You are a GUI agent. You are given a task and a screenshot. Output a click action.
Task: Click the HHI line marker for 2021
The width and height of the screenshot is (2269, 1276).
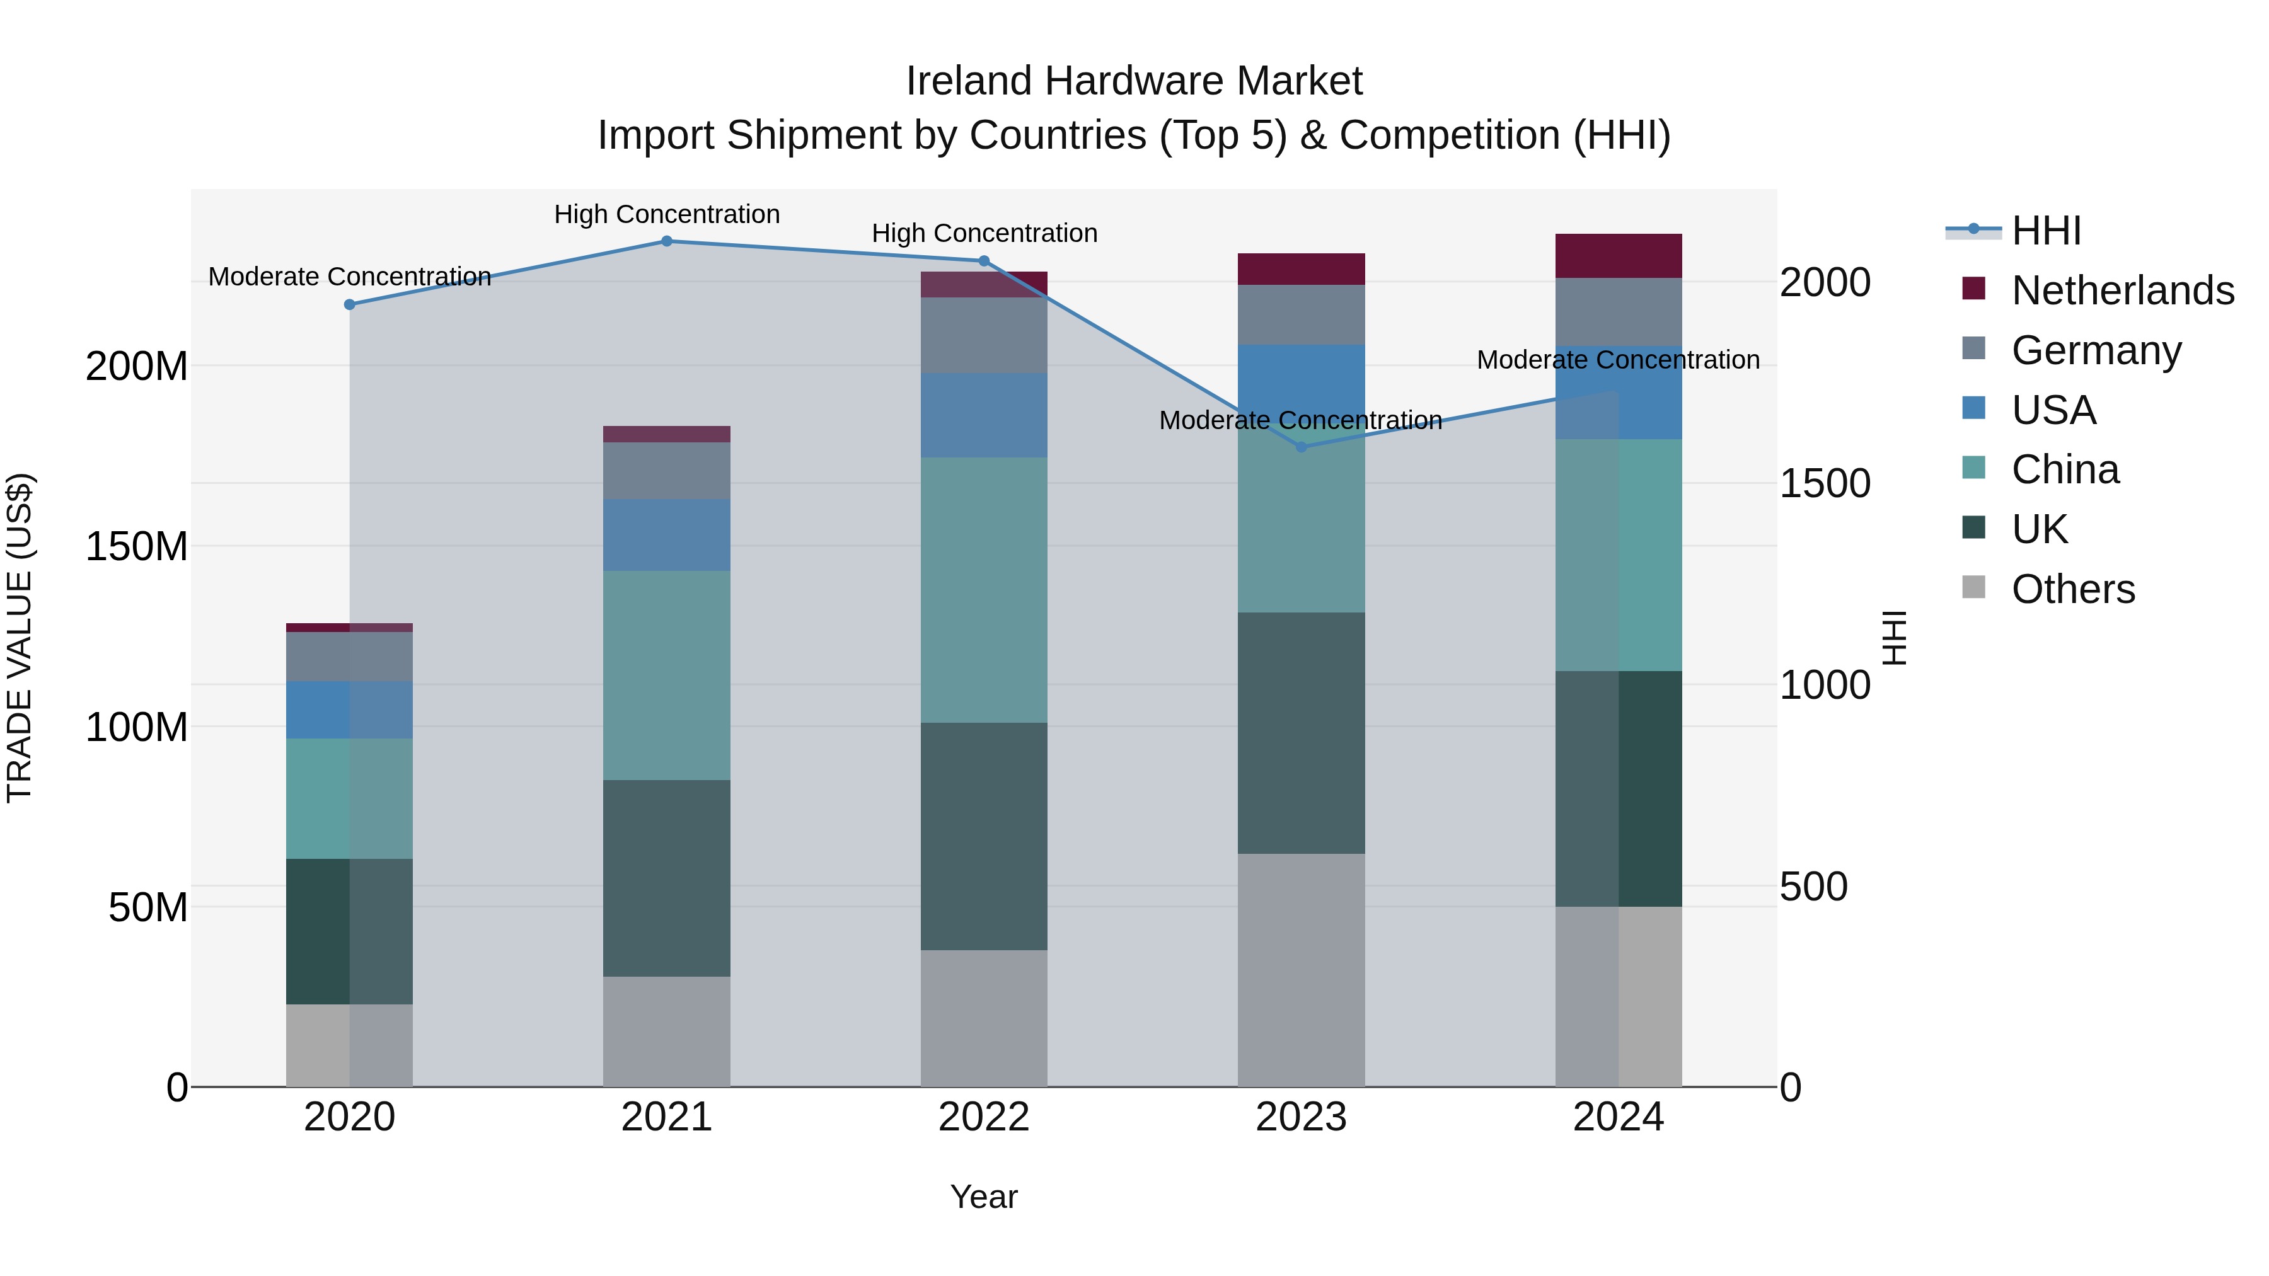point(667,241)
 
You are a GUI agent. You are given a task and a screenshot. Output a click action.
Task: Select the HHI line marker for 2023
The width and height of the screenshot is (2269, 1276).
point(1302,447)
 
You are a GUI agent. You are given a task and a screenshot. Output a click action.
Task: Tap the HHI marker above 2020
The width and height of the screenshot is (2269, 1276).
point(350,305)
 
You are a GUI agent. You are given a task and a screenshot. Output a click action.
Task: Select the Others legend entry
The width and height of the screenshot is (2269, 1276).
point(2072,589)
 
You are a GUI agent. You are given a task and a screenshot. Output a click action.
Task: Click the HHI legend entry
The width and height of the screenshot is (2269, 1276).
point(2045,231)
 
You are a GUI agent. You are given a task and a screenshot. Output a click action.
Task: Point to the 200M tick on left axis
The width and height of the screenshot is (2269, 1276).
point(137,366)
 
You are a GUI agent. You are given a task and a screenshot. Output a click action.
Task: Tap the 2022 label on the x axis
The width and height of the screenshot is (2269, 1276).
point(984,1117)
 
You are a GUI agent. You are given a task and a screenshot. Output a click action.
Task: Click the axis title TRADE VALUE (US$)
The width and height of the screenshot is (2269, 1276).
point(20,638)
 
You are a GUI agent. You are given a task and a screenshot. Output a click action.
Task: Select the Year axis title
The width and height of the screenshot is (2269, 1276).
point(984,1197)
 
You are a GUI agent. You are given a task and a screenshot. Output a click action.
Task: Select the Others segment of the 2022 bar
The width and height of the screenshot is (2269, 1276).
point(984,1018)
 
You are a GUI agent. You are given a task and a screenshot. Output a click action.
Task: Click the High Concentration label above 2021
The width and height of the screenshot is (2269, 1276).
point(667,214)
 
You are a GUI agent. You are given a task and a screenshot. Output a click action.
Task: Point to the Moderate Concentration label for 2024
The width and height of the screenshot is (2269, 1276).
point(1618,360)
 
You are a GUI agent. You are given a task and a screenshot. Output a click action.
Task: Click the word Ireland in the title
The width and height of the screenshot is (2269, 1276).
point(969,81)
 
